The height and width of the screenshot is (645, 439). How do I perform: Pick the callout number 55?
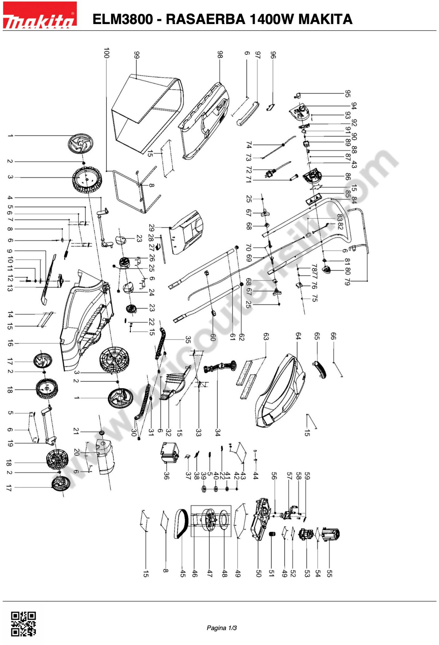(329, 573)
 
